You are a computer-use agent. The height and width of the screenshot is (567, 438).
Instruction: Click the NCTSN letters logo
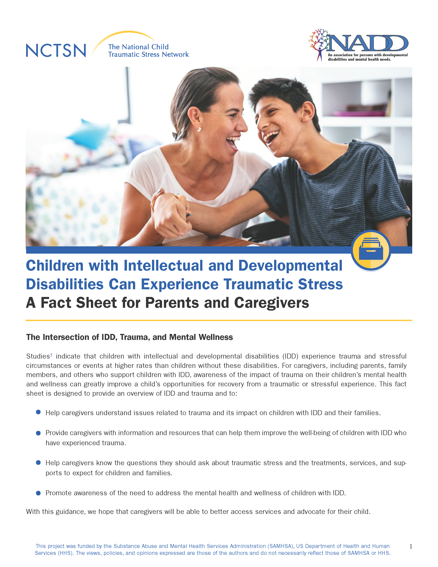56,50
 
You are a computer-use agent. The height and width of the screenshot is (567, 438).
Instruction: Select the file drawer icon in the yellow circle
371,249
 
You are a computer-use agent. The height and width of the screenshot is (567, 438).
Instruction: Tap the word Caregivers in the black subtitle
271,303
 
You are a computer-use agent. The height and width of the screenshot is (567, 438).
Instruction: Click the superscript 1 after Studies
51,355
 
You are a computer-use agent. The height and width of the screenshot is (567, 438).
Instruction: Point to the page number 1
411,546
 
